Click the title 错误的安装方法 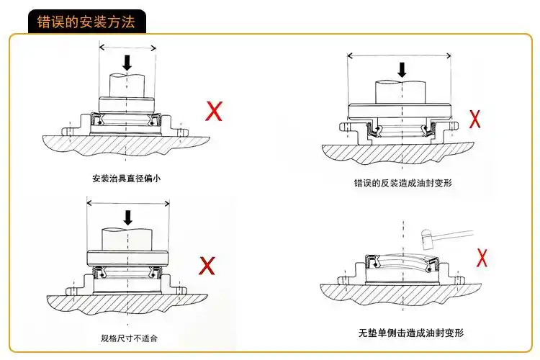[86, 21]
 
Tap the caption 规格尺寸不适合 [129, 338]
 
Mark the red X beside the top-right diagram [475, 118]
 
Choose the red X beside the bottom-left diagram [207, 266]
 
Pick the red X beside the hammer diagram [484, 256]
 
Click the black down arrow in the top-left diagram [127, 63]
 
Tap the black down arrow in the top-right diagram [402, 69]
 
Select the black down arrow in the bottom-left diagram [128, 217]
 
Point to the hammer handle [454, 232]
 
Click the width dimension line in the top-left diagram [127, 48]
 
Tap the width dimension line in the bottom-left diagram [127, 202]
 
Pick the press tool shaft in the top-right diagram [402, 92]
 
